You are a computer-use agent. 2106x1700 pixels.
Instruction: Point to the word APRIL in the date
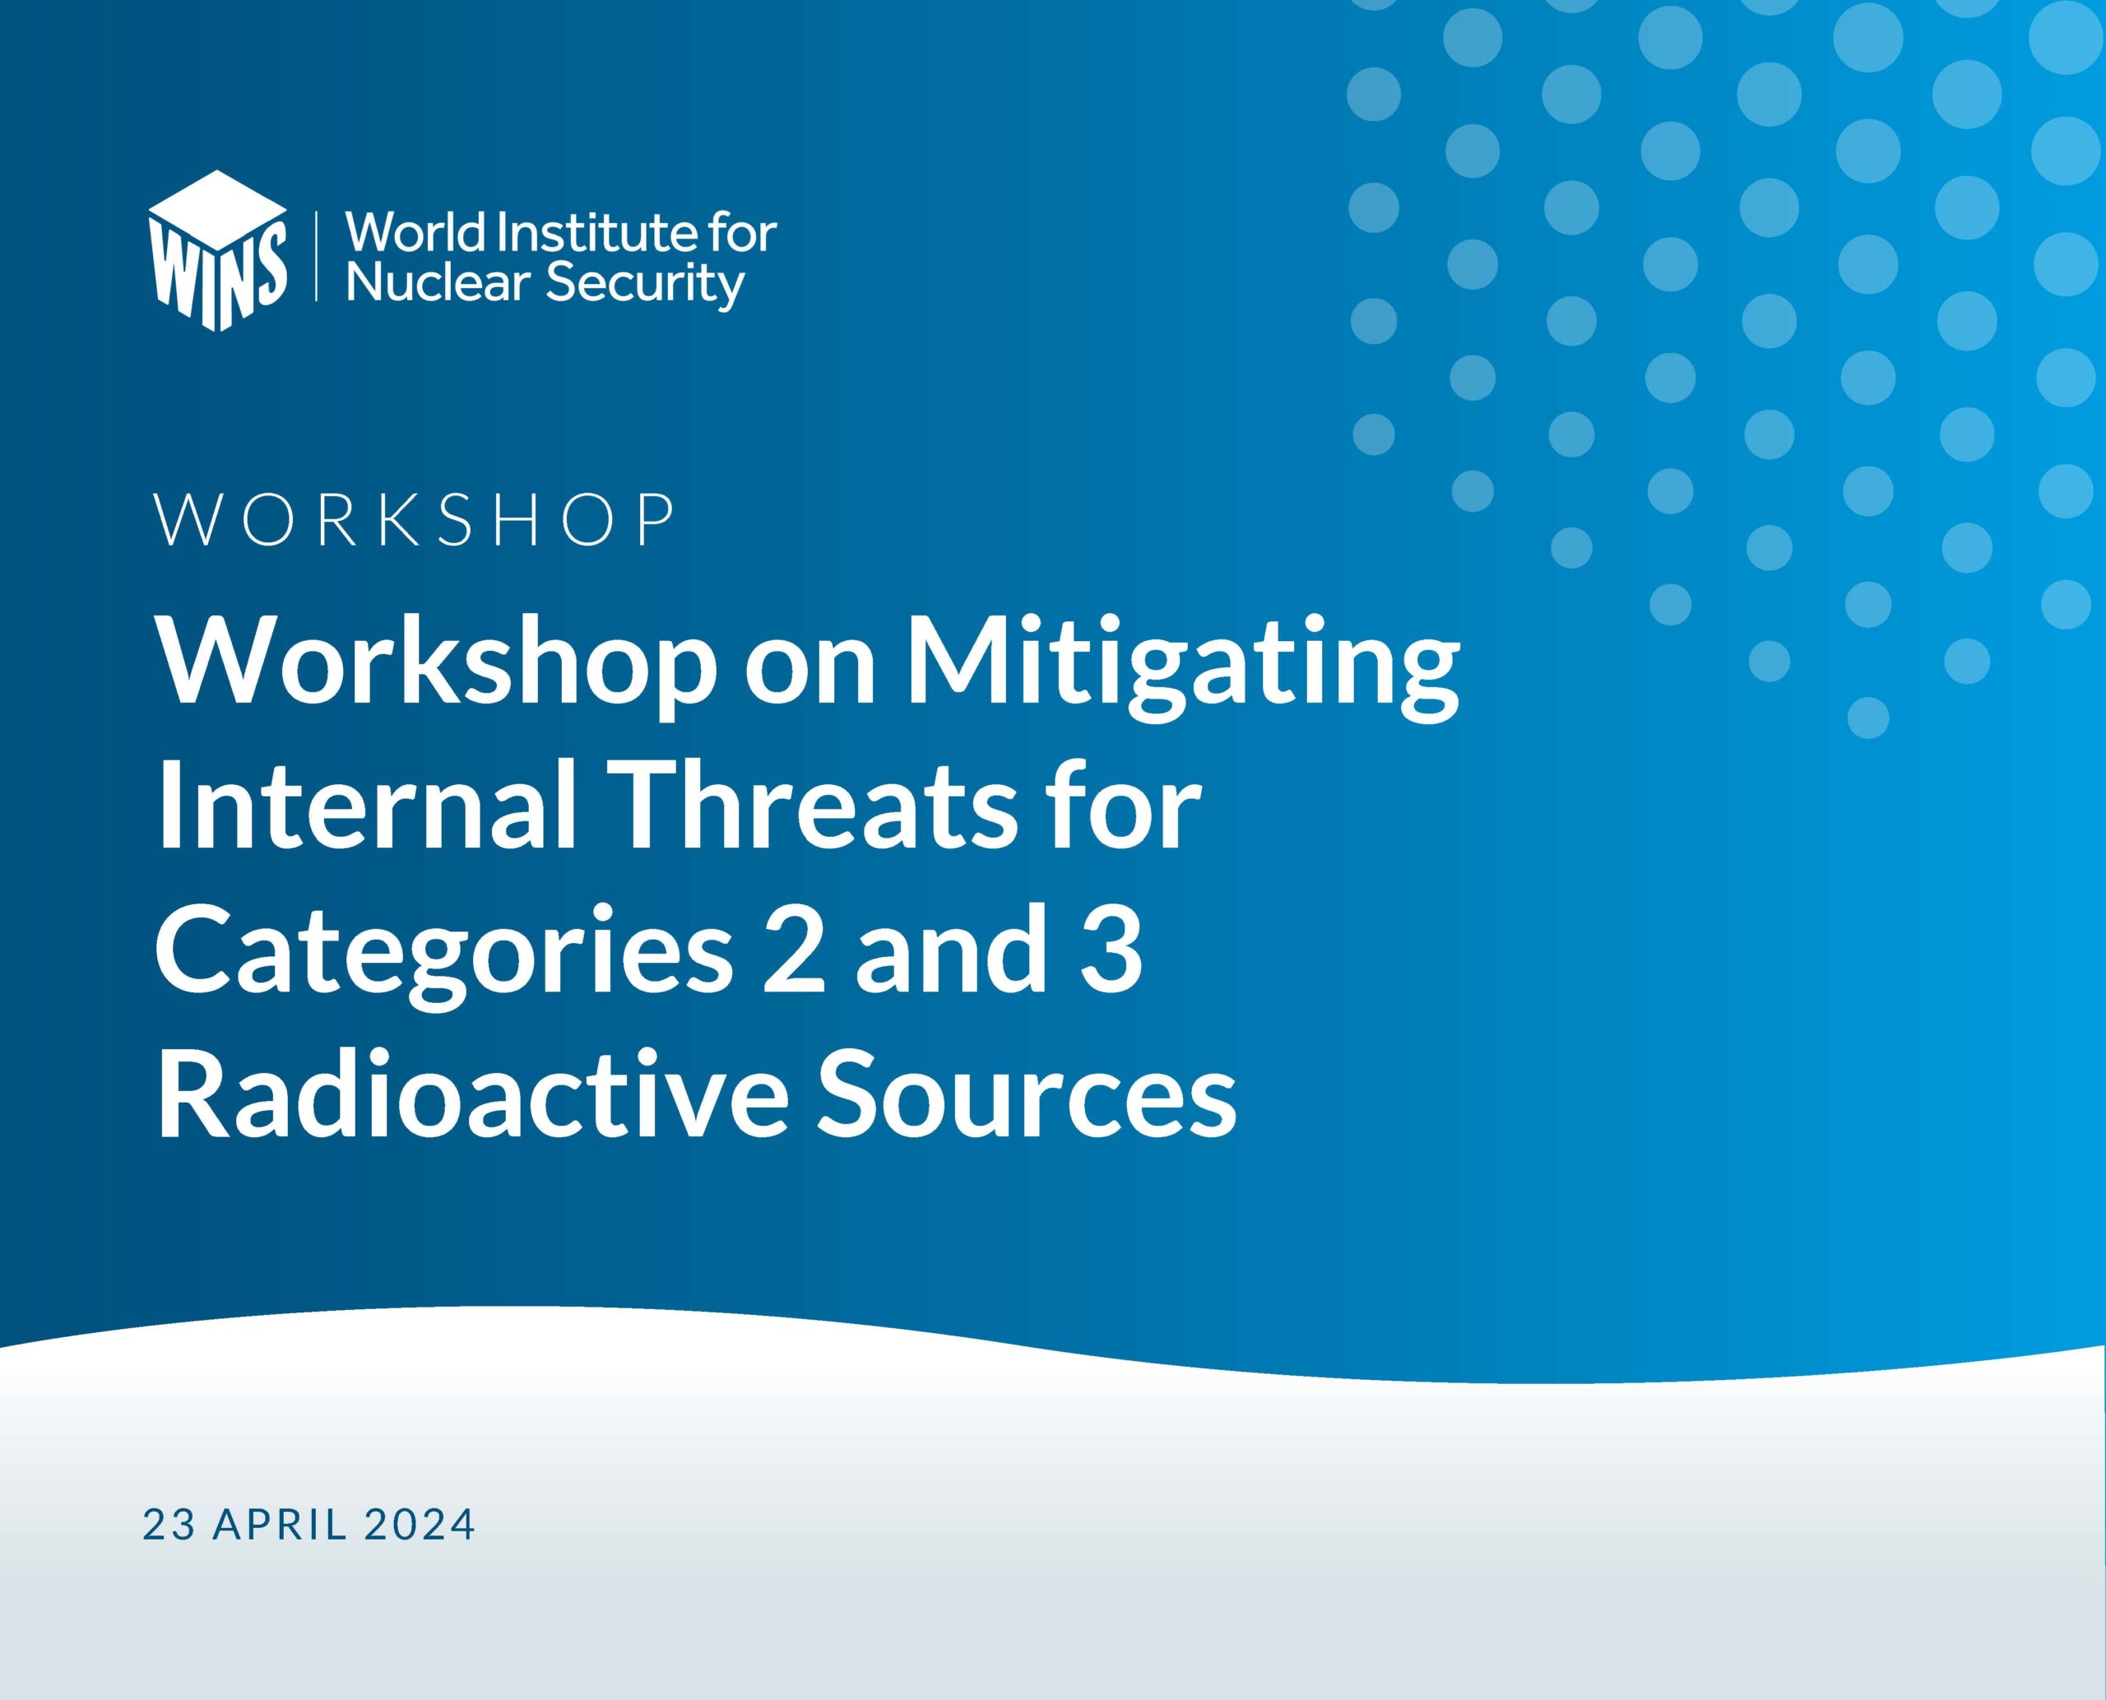click(x=280, y=1525)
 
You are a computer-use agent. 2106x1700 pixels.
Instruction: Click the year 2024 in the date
click(x=419, y=1525)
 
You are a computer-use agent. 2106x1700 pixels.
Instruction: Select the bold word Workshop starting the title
click(x=437, y=666)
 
